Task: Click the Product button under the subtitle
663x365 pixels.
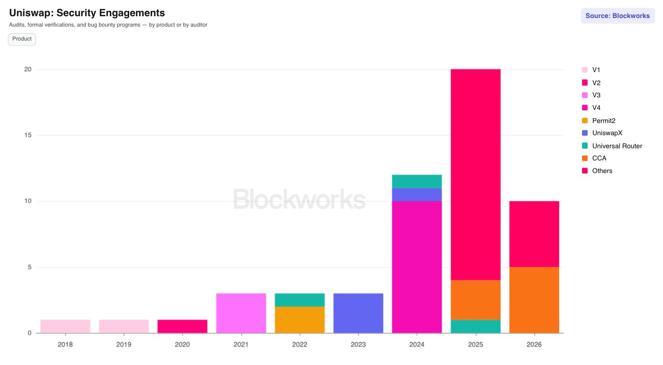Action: [x=22, y=39]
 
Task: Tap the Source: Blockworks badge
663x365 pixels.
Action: [x=618, y=16]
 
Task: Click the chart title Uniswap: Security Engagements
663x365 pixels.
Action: [x=87, y=13]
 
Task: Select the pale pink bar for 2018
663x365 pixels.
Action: [x=65, y=326]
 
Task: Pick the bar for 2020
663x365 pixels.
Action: [x=182, y=326]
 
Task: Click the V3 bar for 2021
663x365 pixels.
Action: [x=241, y=313]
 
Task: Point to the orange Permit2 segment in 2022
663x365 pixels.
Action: [x=299, y=319]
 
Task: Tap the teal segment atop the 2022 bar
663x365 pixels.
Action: [x=299, y=300]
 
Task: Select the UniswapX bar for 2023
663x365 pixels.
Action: [x=358, y=313]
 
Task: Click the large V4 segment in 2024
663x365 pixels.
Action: [x=417, y=267]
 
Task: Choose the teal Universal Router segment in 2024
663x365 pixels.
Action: [x=417, y=181]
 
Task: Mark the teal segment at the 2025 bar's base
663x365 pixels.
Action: [x=475, y=326]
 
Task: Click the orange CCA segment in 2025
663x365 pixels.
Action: [x=475, y=300]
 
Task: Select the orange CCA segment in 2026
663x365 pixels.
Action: [x=534, y=300]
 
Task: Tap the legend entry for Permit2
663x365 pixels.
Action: [x=599, y=121]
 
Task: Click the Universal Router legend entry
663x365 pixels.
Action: [x=612, y=146]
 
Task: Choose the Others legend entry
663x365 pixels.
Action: [x=597, y=171]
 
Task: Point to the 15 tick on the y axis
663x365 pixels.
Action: [x=28, y=135]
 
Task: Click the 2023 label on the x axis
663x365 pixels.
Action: [x=358, y=344]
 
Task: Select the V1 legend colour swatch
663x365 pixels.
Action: [x=585, y=70]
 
